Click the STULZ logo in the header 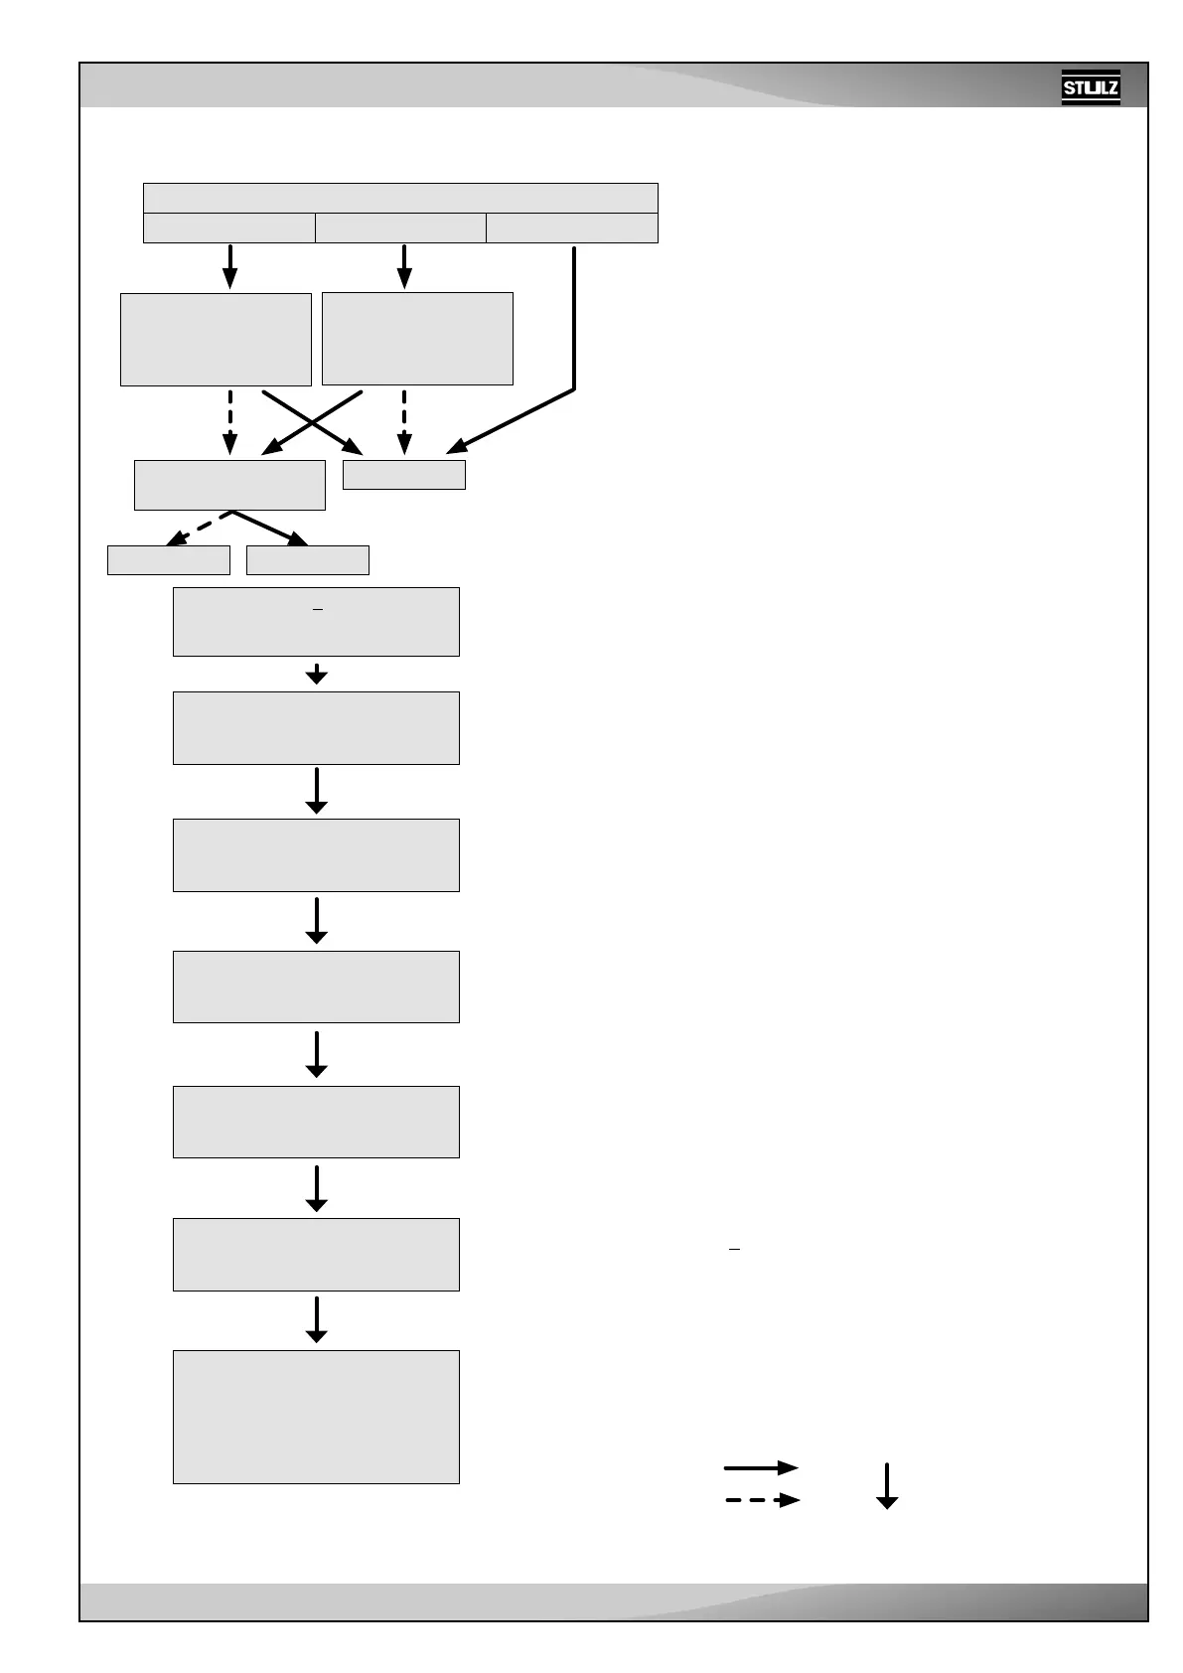1090,86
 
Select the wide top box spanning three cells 400,198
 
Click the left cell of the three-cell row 229,228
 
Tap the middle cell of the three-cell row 400,228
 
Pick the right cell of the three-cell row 572,228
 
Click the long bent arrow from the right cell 574,328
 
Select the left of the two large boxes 216,339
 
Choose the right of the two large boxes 417,338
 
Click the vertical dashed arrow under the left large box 229,422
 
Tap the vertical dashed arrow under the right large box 403,422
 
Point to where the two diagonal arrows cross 312,422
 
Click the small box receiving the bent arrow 403,475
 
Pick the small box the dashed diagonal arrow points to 169,560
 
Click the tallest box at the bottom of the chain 316,1417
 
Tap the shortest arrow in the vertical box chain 316,674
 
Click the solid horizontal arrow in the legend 760,1467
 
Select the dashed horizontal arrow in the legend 760,1500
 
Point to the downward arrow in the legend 886,1485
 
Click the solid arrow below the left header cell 229,265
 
